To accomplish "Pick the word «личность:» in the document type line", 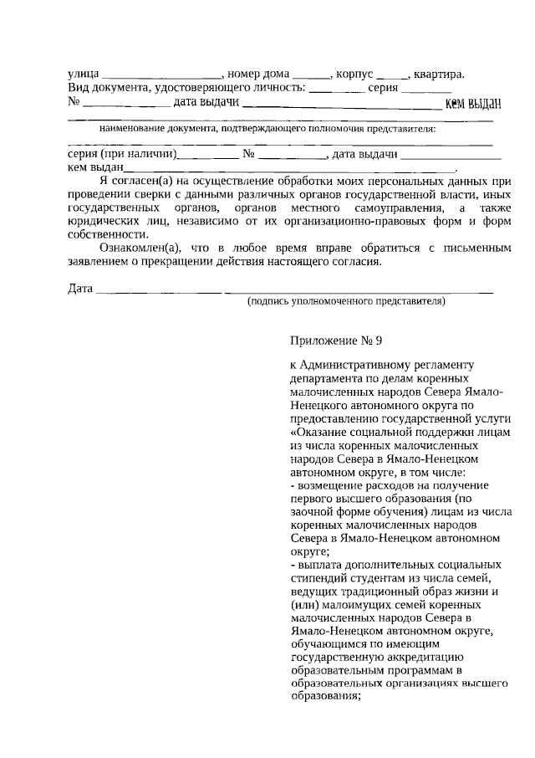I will click(277, 89).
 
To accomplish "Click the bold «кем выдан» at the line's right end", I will click(472, 104).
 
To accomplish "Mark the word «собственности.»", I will click(104, 235).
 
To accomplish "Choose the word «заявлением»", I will click(97, 262).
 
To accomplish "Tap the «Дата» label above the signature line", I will click(80, 289).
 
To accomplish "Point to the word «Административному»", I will click(364, 365).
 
